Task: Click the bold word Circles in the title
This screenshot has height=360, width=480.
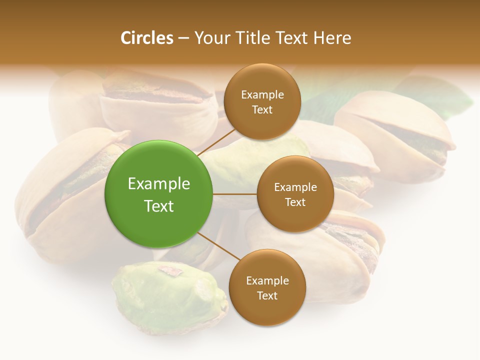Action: point(146,38)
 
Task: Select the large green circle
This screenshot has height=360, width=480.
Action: point(158,194)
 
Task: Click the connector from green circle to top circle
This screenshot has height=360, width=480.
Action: point(216,142)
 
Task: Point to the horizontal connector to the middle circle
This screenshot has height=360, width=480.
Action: point(235,193)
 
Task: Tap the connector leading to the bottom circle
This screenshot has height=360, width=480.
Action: point(218,246)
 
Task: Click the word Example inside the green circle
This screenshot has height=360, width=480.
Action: point(158,183)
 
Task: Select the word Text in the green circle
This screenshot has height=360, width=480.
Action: point(158,206)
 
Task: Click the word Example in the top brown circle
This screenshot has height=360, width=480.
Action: point(262,94)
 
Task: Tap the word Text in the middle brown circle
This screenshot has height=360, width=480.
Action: point(295,202)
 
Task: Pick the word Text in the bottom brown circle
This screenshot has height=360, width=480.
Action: point(267,295)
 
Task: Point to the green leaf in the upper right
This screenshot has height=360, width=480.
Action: point(440,97)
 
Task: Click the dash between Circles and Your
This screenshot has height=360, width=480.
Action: point(183,38)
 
